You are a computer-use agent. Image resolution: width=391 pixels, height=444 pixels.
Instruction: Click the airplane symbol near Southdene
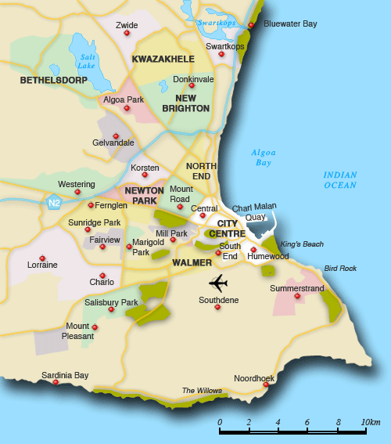(218, 282)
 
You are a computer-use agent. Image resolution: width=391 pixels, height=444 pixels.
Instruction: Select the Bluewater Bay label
(290, 24)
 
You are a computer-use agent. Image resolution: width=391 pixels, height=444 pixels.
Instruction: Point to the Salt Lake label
(87, 61)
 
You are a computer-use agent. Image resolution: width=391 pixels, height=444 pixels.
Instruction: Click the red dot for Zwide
(127, 33)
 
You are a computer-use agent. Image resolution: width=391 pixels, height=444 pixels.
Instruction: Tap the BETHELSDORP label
(52, 80)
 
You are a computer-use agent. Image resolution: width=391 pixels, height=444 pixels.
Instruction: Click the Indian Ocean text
(340, 180)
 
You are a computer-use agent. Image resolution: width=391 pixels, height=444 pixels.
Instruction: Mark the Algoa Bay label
(262, 157)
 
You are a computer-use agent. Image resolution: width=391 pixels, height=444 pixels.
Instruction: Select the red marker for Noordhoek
(266, 384)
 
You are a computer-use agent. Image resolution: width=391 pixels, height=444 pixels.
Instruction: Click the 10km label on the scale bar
(370, 423)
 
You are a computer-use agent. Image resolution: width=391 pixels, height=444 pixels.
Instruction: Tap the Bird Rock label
(340, 269)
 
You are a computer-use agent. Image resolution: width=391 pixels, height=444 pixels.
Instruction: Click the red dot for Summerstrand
(296, 296)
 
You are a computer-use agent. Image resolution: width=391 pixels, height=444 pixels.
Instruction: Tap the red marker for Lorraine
(42, 258)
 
